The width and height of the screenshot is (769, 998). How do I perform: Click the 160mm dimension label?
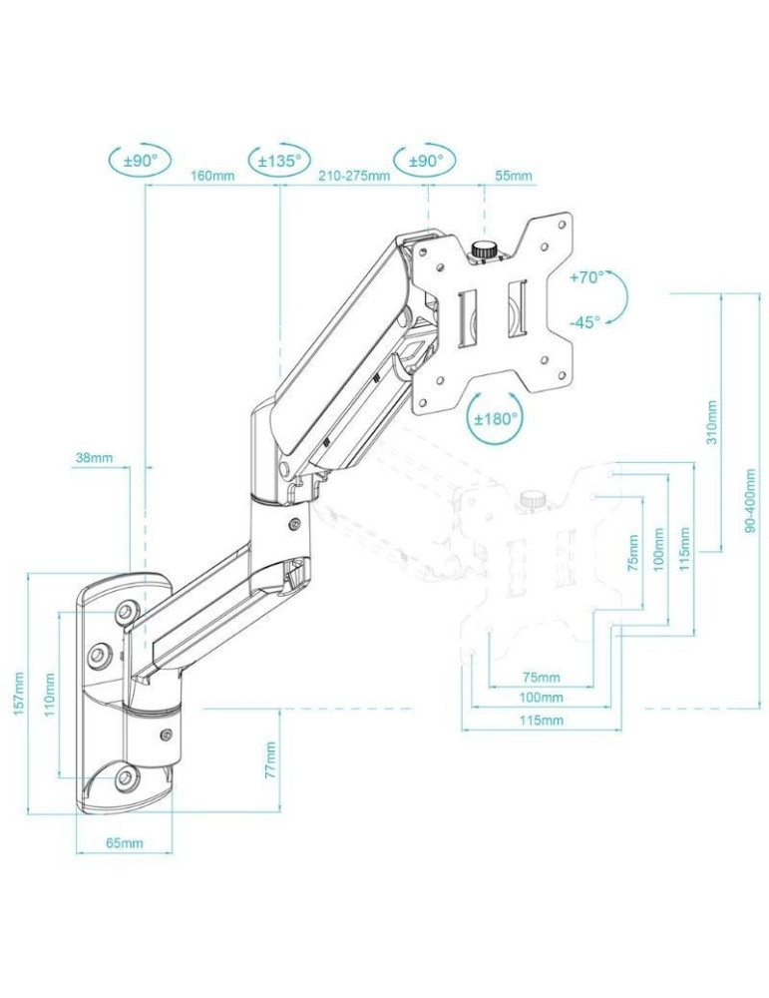[x=211, y=177]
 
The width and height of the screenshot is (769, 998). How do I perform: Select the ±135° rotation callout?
[x=280, y=160]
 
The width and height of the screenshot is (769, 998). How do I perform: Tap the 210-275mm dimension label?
[x=354, y=177]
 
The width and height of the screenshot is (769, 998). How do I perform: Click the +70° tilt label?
[x=586, y=278]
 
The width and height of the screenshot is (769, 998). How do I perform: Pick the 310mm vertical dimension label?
[x=711, y=423]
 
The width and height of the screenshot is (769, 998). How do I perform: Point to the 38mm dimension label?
[x=93, y=459]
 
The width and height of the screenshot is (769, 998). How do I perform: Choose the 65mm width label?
[x=125, y=843]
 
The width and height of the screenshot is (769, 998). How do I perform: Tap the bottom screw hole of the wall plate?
[x=123, y=775]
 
